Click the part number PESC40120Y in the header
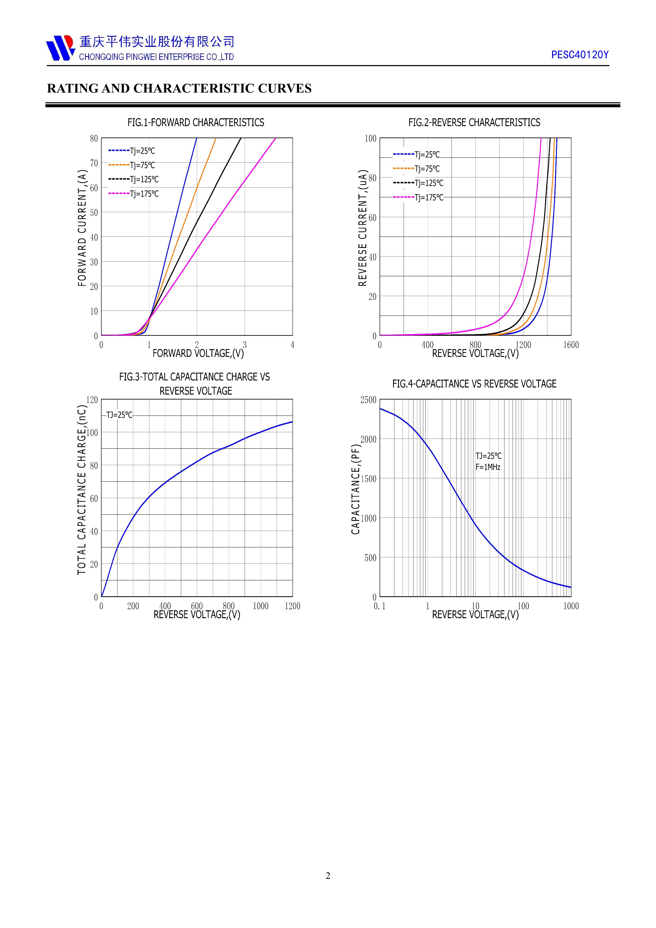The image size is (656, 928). pos(580,55)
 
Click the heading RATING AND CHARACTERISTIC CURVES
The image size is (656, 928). pos(179,89)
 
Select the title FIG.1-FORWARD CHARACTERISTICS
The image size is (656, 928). pos(196,122)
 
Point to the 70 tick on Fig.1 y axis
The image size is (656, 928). pos(94,163)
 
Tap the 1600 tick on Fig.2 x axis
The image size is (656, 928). pos(571,345)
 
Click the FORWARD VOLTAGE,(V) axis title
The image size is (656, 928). pos(198,353)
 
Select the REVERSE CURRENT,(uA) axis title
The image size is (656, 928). pos(362,228)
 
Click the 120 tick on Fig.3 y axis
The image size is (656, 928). pos(92,400)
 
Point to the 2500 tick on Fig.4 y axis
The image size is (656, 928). pos(368,400)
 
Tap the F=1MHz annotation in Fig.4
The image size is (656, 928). pos(488,467)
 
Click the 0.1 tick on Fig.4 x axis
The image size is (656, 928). pos(380,606)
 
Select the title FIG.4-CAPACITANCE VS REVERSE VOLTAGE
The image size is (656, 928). pos(474,384)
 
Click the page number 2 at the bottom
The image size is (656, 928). pos(328,875)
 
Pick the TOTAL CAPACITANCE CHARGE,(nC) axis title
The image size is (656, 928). pos(82,490)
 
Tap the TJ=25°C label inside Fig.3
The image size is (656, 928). pos(119,415)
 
